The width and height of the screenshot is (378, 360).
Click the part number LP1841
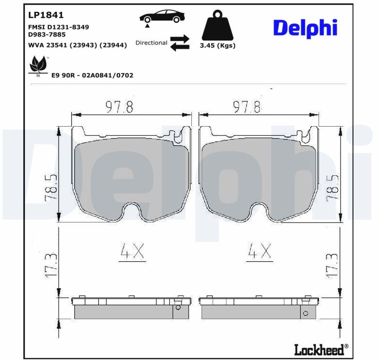pos(46,15)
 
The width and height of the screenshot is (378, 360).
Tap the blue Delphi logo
pos(305,28)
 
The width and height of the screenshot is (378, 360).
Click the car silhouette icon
pos(162,17)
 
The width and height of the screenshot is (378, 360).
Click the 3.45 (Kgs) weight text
pos(217,45)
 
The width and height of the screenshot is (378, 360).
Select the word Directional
pos(151,43)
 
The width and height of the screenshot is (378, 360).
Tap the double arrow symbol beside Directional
pos(180,43)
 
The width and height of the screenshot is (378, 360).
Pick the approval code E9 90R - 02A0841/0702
pos(92,75)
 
